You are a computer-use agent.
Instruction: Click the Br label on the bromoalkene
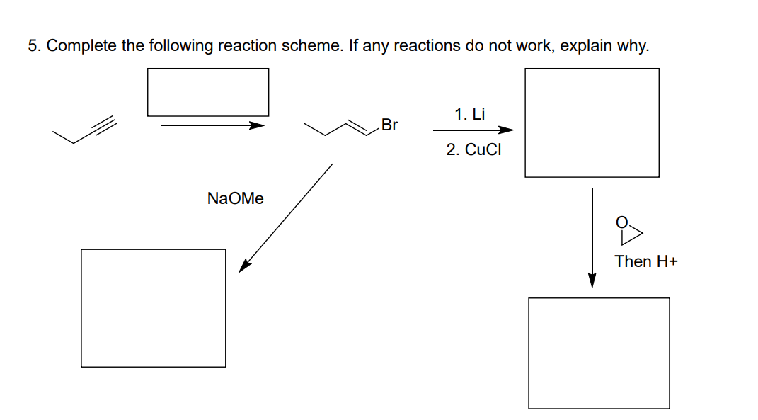(389, 126)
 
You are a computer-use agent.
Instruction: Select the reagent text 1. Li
(470, 114)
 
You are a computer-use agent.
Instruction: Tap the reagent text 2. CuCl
(473, 149)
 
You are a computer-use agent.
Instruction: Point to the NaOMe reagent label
(235, 199)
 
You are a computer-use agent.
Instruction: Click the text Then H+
(645, 261)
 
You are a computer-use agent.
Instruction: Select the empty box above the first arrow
(208, 92)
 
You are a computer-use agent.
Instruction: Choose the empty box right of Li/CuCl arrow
(592, 123)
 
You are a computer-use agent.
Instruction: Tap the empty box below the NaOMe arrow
(154, 308)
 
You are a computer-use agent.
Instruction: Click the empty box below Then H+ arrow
(599, 353)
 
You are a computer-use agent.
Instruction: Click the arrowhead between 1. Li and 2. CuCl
(505, 130)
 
